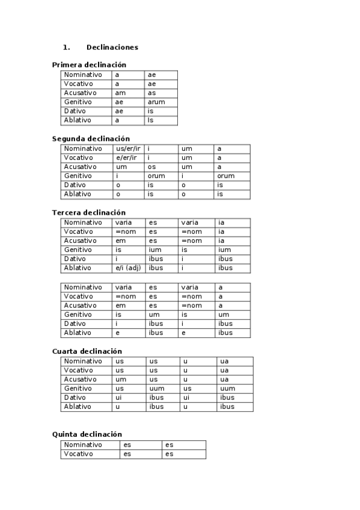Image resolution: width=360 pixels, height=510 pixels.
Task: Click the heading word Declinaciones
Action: (x=112, y=47)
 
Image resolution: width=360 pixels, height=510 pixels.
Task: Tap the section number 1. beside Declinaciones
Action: (x=66, y=47)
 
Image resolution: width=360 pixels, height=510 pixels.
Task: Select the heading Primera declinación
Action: (x=89, y=65)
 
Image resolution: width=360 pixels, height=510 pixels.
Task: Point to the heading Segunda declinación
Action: (x=91, y=139)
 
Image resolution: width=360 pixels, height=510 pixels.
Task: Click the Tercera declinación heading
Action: (x=89, y=213)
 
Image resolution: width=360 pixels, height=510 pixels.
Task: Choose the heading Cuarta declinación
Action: (x=87, y=351)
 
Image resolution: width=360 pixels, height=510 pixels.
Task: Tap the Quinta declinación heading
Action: (x=87, y=434)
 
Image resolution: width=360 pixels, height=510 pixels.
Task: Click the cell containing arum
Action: (x=156, y=102)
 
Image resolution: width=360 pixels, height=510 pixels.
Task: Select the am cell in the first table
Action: (x=120, y=93)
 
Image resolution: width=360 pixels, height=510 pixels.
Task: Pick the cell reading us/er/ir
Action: (x=127, y=149)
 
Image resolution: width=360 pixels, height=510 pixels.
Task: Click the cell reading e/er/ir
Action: (x=126, y=158)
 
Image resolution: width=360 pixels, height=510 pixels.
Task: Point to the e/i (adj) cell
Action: (x=127, y=268)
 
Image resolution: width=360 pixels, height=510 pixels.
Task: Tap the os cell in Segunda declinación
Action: (x=152, y=167)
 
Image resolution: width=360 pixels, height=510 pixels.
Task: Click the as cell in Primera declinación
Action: (x=152, y=93)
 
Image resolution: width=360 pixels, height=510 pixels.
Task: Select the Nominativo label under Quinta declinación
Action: (x=83, y=445)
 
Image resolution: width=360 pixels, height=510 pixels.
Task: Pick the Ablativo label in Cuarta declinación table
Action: (x=78, y=407)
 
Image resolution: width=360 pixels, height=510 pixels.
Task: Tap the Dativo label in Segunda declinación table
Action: (x=75, y=185)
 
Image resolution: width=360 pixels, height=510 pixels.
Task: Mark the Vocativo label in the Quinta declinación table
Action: (x=79, y=454)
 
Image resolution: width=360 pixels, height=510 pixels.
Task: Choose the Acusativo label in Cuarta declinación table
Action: (x=81, y=379)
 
